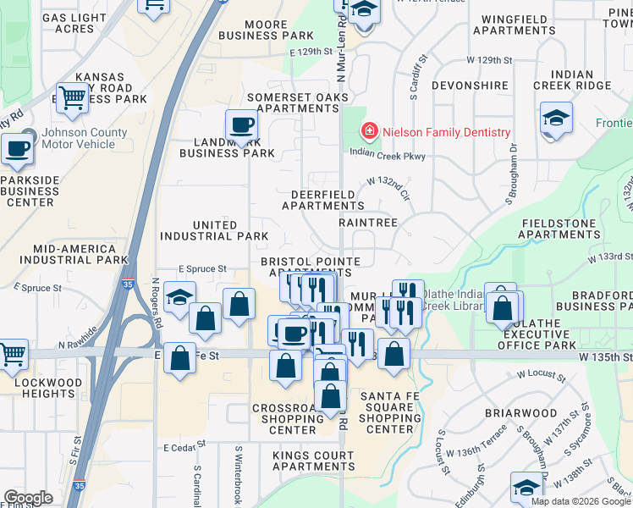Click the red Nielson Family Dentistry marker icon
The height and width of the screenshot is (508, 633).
pos(369,132)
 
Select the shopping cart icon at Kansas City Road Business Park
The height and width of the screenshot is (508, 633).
pos(73,99)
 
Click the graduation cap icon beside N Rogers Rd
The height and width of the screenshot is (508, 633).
pos(179,299)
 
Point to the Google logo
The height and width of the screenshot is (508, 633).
pos(28,498)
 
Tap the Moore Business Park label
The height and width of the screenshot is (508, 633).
pos(266,30)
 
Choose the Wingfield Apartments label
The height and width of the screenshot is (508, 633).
pos(514,25)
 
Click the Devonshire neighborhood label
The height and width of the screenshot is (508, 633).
pos(469,86)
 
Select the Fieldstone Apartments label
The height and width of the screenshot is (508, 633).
pos(560,229)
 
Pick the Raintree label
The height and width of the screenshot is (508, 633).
pos(368,223)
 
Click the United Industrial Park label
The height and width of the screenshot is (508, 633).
pos(214,230)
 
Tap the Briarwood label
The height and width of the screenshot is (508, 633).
pos(520,414)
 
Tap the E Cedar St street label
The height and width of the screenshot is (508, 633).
pos(184,446)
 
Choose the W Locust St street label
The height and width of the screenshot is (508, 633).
pos(541,373)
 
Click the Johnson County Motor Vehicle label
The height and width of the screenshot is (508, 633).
pos(85,138)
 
